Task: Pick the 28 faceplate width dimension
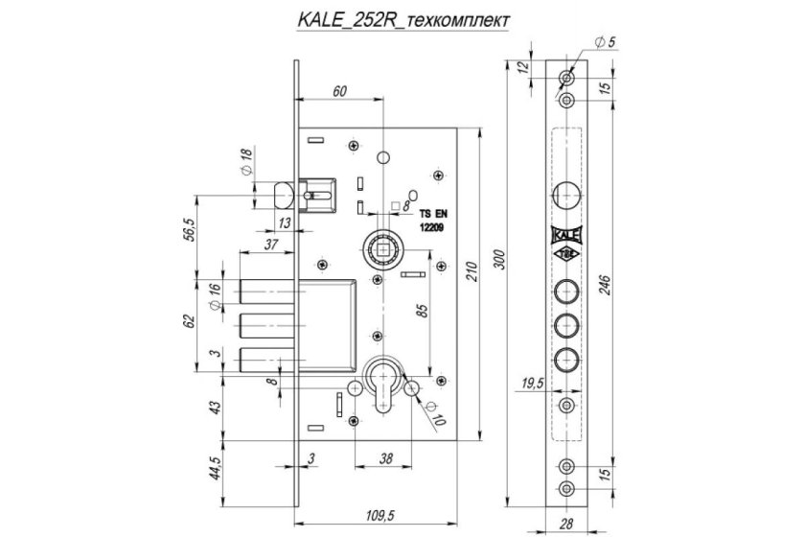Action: point(565,525)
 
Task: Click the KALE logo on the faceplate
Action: point(565,233)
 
